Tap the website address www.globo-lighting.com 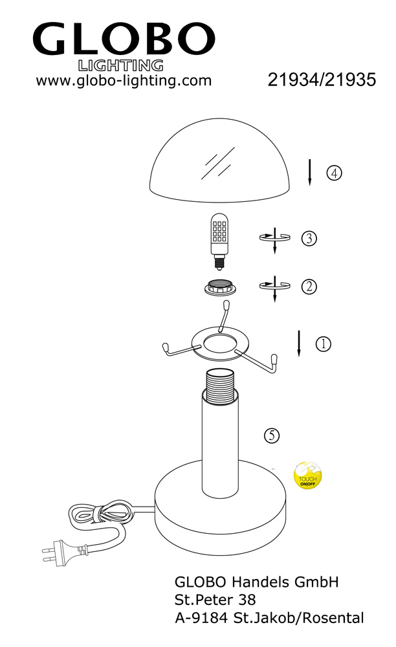pyautogui.click(x=124, y=80)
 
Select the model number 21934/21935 pyautogui.click(x=322, y=80)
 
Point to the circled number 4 pyautogui.click(x=334, y=173)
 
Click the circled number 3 pyautogui.click(x=309, y=238)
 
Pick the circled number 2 pyautogui.click(x=309, y=287)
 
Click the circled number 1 pyautogui.click(x=323, y=344)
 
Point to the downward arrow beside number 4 pyautogui.click(x=309, y=173)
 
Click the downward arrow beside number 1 pyautogui.click(x=299, y=344)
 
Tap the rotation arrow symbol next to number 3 pyautogui.click(x=275, y=239)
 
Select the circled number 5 pyautogui.click(x=271, y=435)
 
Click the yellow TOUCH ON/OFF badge pyautogui.click(x=307, y=476)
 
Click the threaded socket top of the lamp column pyautogui.click(x=220, y=385)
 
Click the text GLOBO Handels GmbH pyautogui.click(x=257, y=582)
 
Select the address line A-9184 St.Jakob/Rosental pyautogui.click(x=269, y=618)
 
